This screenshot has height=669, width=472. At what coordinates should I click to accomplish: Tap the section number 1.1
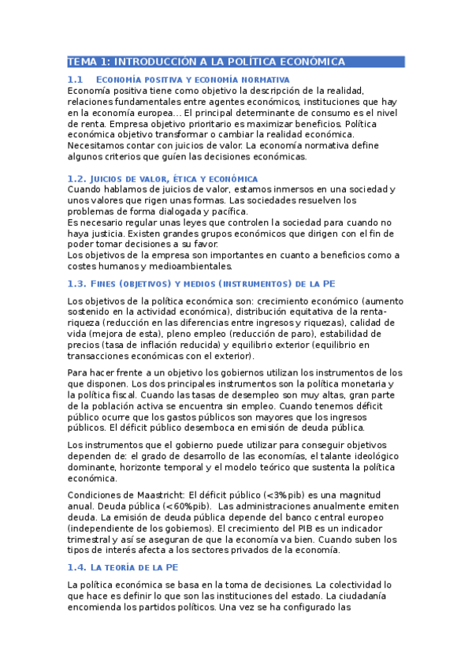click(75, 80)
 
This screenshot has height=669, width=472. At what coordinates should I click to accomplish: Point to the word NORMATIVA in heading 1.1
click(262, 80)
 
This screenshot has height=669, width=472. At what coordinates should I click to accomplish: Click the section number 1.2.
click(76, 179)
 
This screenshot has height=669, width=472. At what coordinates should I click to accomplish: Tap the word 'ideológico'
click(371, 456)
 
